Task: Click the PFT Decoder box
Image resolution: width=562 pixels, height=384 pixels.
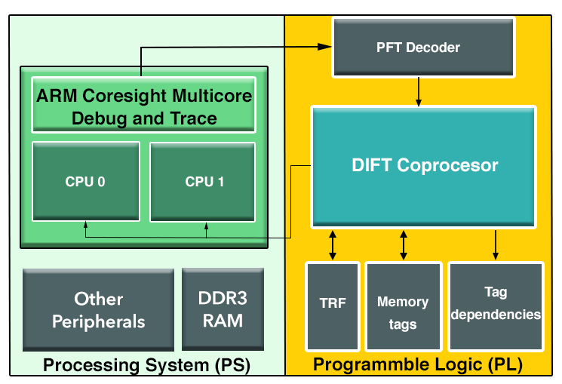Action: [423, 48]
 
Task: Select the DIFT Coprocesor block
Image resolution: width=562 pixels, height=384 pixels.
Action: [423, 167]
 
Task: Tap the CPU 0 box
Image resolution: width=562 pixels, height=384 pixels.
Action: [86, 181]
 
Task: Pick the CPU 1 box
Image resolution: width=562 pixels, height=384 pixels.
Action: [202, 182]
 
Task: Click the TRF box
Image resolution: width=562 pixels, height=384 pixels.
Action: [333, 306]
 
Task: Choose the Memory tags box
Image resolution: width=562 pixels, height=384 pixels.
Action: [404, 306]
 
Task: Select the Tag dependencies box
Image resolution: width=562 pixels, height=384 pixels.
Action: [496, 306]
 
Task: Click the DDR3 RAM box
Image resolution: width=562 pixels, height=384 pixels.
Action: [223, 309]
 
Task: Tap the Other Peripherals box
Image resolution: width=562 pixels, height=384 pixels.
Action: [98, 310]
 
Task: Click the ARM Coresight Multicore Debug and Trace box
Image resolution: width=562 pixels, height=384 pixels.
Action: [144, 105]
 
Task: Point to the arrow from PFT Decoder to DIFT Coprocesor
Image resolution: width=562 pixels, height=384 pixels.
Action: [418, 92]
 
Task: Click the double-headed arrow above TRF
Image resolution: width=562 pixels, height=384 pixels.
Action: [333, 245]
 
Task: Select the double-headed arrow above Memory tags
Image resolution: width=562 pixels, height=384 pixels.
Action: [404, 245]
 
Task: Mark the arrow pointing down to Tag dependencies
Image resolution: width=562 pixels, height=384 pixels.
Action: [496, 245]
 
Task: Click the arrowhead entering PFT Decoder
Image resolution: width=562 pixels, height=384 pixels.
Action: [324, 47]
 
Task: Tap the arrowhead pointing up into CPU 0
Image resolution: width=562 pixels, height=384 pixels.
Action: [86, 225]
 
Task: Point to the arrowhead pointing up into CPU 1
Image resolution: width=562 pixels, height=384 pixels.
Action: [206, 226]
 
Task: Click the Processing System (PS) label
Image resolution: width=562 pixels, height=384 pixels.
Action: [146, 365]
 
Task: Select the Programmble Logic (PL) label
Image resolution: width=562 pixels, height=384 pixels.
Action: [418, 364]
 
